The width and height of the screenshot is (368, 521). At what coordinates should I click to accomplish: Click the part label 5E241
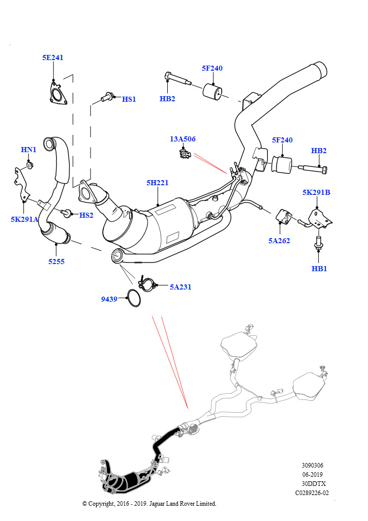pos(53,57)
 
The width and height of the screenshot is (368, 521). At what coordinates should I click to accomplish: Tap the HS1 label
pos(129,99)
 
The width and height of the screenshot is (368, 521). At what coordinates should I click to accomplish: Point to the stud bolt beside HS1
pos(107,97)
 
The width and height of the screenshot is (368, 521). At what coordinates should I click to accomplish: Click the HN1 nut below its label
pos(29,165)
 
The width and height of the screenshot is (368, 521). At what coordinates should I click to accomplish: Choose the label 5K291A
pos(24,219)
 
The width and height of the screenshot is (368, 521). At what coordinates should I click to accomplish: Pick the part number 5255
pos(56,262)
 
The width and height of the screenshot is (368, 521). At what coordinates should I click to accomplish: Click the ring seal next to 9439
pos(134,298)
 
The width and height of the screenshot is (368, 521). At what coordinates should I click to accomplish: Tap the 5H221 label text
pos(158,183)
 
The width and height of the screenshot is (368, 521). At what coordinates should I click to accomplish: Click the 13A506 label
pos(183,139)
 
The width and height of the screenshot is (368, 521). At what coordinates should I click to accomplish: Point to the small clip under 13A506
pos(185,154)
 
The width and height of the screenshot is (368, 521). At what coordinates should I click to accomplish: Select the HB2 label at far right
pos(319,151)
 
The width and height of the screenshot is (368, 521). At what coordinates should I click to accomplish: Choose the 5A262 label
pos(279,241)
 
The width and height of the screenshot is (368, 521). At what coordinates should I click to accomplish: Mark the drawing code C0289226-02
pos(312,493)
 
